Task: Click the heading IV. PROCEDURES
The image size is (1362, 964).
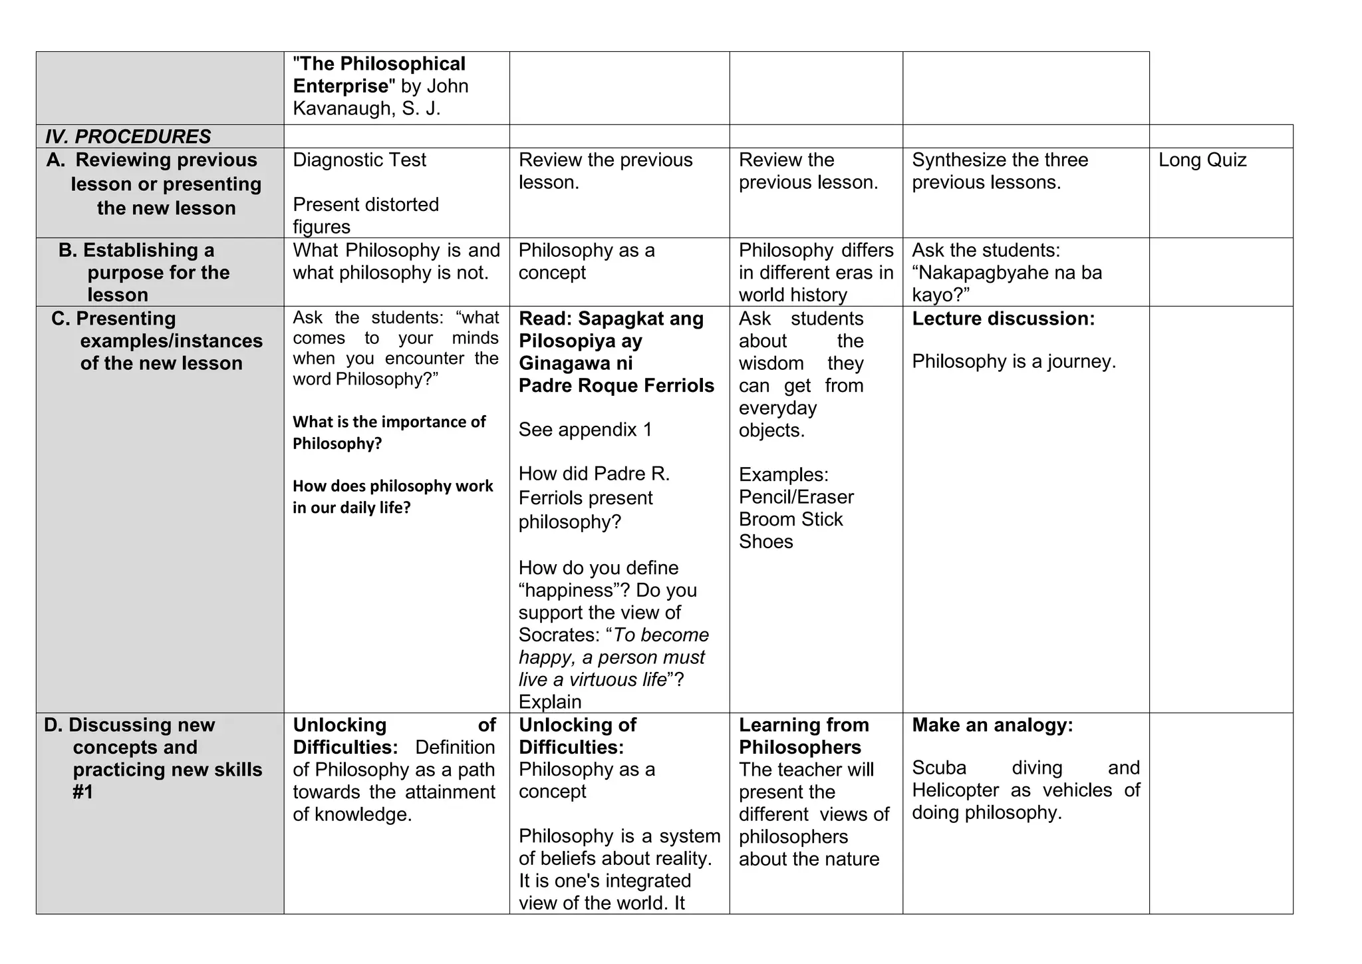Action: click(x=128, y=136)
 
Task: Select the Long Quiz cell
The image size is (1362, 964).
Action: click(x=1202, y=160)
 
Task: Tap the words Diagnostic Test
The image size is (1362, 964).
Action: click(x=359, y=160)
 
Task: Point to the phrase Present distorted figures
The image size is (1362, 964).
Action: click(x=365, y=215)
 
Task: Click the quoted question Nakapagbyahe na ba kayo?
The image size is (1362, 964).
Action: click(x=1006, y=283)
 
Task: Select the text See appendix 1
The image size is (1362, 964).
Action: click(x=585, y=430)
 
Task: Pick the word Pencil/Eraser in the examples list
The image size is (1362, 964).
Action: click(x=795, y=497)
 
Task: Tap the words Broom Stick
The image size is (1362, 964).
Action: click(x=790, y=520)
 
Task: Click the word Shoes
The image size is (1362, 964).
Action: click(x=765, y=542)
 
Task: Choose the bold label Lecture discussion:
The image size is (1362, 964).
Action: click(x=1003, y=319)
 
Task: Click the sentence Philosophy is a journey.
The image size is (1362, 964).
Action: click(x=1014, y=362)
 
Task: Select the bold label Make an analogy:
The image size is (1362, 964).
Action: click(x=992, y=725)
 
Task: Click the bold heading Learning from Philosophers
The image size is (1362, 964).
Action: click(x=803, y=736)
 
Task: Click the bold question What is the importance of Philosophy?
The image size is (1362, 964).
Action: click(x=389, y=432)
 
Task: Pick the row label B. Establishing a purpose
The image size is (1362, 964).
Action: click(x=144, y=272)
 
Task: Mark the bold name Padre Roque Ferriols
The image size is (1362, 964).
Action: click(x=616, y=386)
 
